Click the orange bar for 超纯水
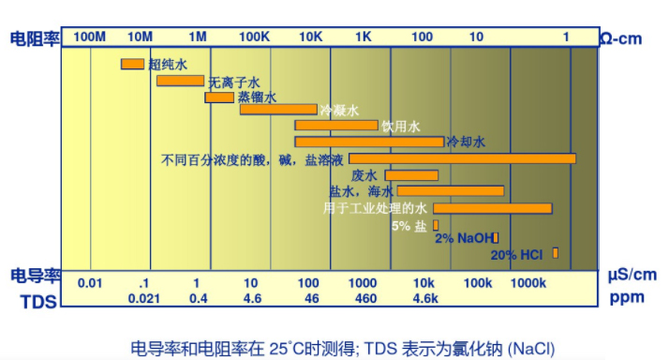point(132,64)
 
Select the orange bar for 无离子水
point(180,81)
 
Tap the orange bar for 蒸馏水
point(219,97)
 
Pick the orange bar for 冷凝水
point(278,110)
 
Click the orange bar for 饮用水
point(336,125)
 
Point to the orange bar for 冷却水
point(369,142)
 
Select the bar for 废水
point(411,175)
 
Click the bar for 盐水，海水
point(451,191)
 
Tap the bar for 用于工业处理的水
point(492,208)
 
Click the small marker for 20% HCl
point(556,253)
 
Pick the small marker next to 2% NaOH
point(496,238)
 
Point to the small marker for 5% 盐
point(434,225)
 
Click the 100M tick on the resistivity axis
point(90,37)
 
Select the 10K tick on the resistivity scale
point(311,37)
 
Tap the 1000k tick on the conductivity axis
point(528,283)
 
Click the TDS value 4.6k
point(424,299)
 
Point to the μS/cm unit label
point(632,275)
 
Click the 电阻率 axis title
point(35,37)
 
